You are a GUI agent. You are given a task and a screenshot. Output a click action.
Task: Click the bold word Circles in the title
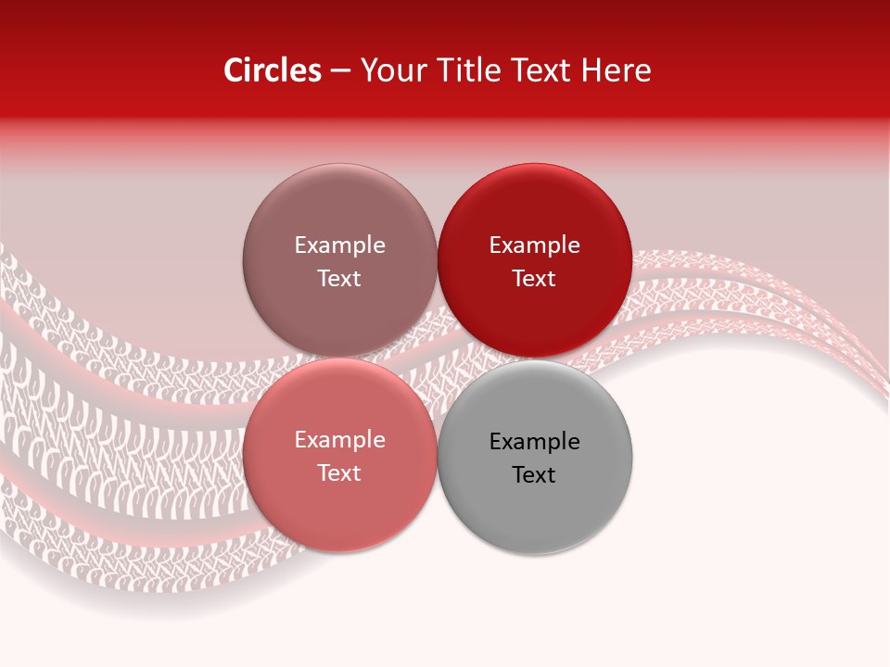[272, 70]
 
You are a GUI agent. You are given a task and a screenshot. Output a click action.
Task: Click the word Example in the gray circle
[535, 442]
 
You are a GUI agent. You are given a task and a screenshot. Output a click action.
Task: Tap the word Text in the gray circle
[534, 475]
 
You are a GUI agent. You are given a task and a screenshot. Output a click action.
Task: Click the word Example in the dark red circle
[535, 245]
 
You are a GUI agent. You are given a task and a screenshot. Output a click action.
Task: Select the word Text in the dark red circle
[534, 279]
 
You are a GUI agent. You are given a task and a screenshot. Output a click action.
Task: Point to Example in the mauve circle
[339, 245]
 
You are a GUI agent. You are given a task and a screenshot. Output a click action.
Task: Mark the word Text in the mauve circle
[339, 279]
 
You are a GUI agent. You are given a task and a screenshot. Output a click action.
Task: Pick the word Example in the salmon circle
[339, 440]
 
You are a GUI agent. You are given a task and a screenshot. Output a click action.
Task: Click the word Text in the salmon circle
[339, 473]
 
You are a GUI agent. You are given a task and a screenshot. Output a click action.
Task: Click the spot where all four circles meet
[437, 359]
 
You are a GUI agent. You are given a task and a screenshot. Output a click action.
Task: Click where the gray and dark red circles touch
[535, 359]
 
